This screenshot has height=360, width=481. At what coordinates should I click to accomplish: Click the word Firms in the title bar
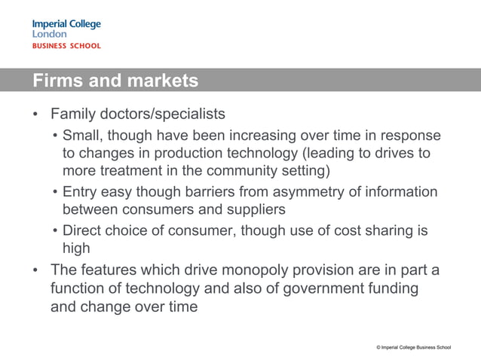(55, 81)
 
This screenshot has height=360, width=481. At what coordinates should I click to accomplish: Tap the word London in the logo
(49, 34)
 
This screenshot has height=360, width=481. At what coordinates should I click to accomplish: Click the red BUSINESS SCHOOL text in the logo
(66, 46)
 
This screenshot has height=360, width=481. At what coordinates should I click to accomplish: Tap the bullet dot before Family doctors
(35, 116)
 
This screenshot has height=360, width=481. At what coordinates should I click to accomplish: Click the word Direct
(84, 230)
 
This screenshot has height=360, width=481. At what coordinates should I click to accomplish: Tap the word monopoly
(260, 270)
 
